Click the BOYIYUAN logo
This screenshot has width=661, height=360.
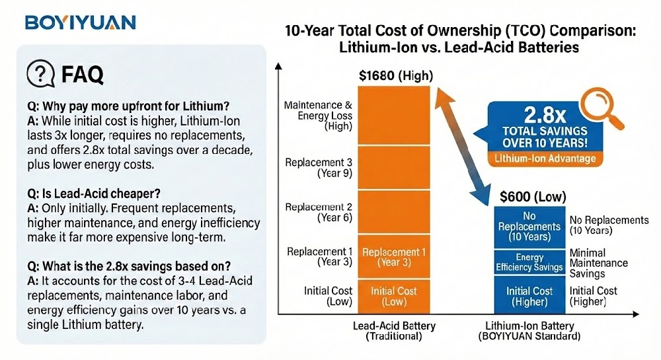80,22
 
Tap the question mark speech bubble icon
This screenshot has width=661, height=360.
40,75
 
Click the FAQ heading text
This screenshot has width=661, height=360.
82,75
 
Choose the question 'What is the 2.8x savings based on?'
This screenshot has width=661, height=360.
120,266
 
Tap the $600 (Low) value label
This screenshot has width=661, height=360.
529,196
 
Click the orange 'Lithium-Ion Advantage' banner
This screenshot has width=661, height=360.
544,159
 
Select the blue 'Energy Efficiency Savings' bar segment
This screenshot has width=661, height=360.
529,262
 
